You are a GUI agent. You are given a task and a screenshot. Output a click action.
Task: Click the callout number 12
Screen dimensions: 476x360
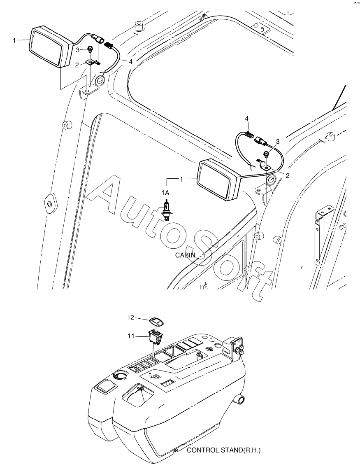pos(130,317)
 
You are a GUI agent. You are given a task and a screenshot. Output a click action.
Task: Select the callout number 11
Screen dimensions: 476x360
pos(130,336)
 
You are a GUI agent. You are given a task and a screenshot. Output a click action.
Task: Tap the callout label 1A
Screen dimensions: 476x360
pos(165,193)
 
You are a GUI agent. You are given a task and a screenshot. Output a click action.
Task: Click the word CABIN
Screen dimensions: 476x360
pos(185,255)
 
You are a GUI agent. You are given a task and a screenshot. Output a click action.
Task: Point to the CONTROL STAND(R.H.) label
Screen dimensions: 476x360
pos(224,450)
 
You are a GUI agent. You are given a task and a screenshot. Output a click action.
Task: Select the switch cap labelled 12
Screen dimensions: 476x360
pos(156,322)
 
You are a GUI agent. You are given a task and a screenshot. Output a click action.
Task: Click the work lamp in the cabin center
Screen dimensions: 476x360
pos(218,180)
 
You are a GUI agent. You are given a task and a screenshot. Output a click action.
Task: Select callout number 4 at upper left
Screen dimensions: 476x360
pos(130,62)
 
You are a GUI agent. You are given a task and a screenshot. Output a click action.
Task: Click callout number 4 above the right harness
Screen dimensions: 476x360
pos(247,119)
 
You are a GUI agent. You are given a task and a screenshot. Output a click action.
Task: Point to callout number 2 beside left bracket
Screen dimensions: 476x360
pos(77,64)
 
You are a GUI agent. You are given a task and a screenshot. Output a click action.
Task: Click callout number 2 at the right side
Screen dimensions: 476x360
pos(288,176)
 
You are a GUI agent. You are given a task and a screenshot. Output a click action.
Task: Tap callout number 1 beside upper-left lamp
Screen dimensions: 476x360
pos(14,40)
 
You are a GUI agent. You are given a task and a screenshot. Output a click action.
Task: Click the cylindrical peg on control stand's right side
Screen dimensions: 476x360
pos(240,399)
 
